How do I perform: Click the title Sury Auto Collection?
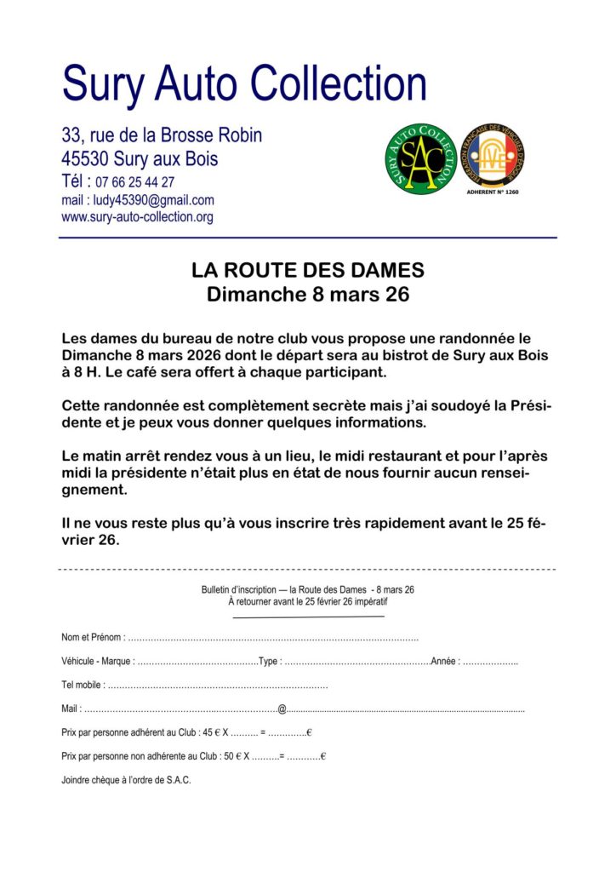click(244, 84)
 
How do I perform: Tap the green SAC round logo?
click(421, 158)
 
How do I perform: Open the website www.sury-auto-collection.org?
click(137, 217)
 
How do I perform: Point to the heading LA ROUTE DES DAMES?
click(307, 271)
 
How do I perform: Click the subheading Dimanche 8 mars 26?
click(307, 295)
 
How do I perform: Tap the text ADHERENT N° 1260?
click(493, 192)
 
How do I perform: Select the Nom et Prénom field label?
click(93, 637)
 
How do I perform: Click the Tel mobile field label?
click(83, 685)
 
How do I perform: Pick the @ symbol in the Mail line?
click(282, 708)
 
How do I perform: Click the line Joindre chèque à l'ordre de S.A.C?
click(127, 779)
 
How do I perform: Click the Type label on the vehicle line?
click(269, 662)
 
